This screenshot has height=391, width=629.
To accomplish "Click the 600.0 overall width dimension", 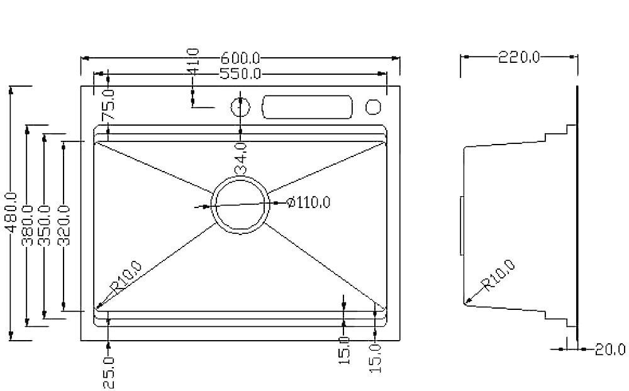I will click(240, 58).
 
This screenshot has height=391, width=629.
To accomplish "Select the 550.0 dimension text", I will click(240, 74).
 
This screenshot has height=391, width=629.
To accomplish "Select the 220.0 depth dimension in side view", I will click(519, 57).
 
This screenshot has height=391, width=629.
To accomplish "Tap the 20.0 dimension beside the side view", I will click(610, 349).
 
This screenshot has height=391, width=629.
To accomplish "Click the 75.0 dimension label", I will click(109, 105).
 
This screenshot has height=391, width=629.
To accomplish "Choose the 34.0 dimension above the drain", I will click(241, 158).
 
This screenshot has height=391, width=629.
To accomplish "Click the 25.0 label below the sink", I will click(109, 372).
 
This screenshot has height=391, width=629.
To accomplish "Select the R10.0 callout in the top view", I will click(125, 278).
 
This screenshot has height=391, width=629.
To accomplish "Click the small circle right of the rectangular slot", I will click(373, 107).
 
